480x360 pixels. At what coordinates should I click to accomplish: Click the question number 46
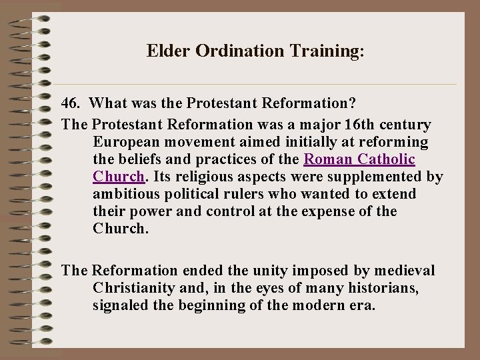[x=71, y=104]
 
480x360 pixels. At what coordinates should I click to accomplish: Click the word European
[x=125, y=142]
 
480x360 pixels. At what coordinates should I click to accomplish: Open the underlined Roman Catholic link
[x=359, y=159]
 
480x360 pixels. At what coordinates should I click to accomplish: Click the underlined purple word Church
[x=117, y=177]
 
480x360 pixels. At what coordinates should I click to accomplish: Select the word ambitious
[x=125, y=194]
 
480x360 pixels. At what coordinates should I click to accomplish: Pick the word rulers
[x=243, y=194]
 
